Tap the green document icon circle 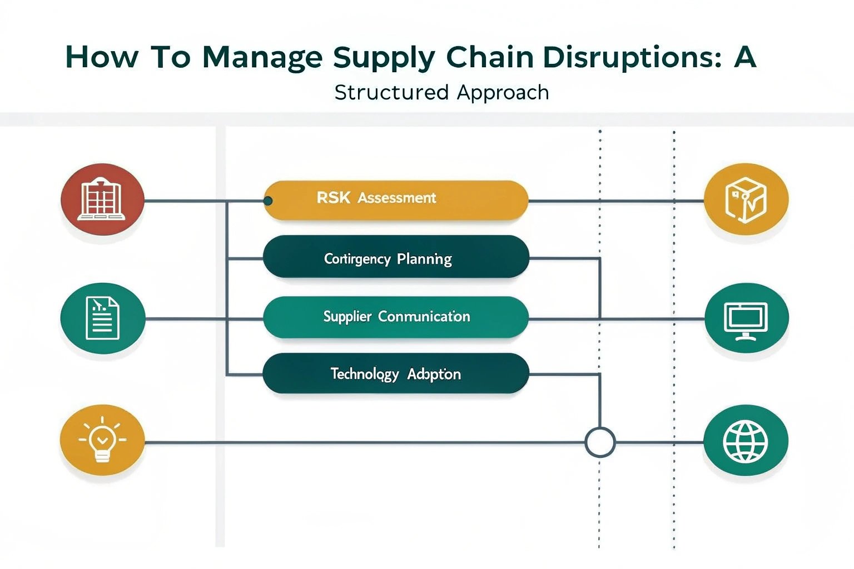[x=103, y=318]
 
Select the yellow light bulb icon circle [x=102, y=440]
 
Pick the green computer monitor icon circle [x=746, y=318]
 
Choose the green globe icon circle [x=746, y=441]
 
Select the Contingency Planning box [x=396, y=257]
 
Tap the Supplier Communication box [x=396, y=317]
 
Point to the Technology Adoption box [x=396, y=373]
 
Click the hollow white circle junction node [x=600, y=443]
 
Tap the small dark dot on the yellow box [x=268, y=201]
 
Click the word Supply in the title [x=384, y=58]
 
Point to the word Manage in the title [x=262, y=58]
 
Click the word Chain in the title [x=490, y=57]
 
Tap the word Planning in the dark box [x=424, y=259]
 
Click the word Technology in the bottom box [x=365, y=375]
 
